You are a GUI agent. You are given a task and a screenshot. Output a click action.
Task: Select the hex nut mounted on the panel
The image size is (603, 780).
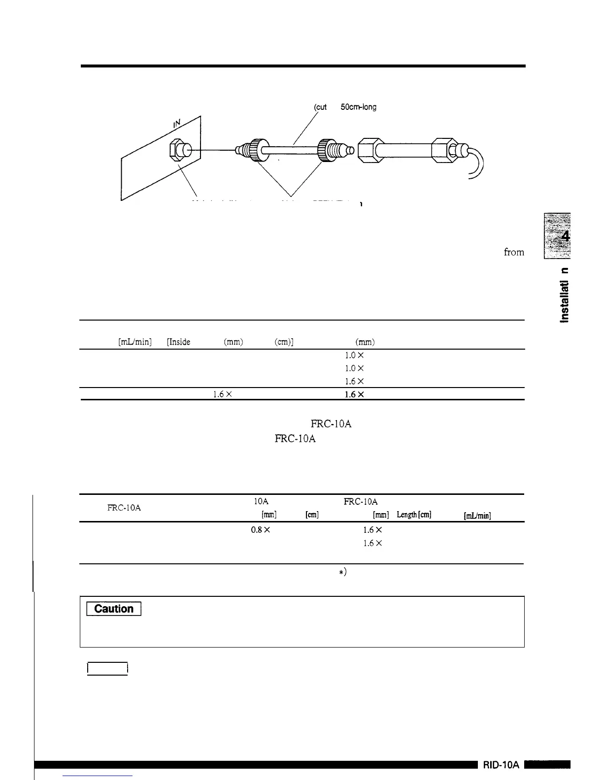click(x=178, y=149)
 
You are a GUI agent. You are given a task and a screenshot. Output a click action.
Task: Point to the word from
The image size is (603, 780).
click(x=514, y=252)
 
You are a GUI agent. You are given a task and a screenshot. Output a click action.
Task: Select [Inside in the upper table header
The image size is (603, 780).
click(x=179, y=342)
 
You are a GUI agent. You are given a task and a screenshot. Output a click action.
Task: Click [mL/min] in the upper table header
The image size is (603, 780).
click(x=135, y=342)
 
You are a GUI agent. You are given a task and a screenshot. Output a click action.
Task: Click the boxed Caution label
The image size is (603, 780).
click(x=114, y=609)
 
